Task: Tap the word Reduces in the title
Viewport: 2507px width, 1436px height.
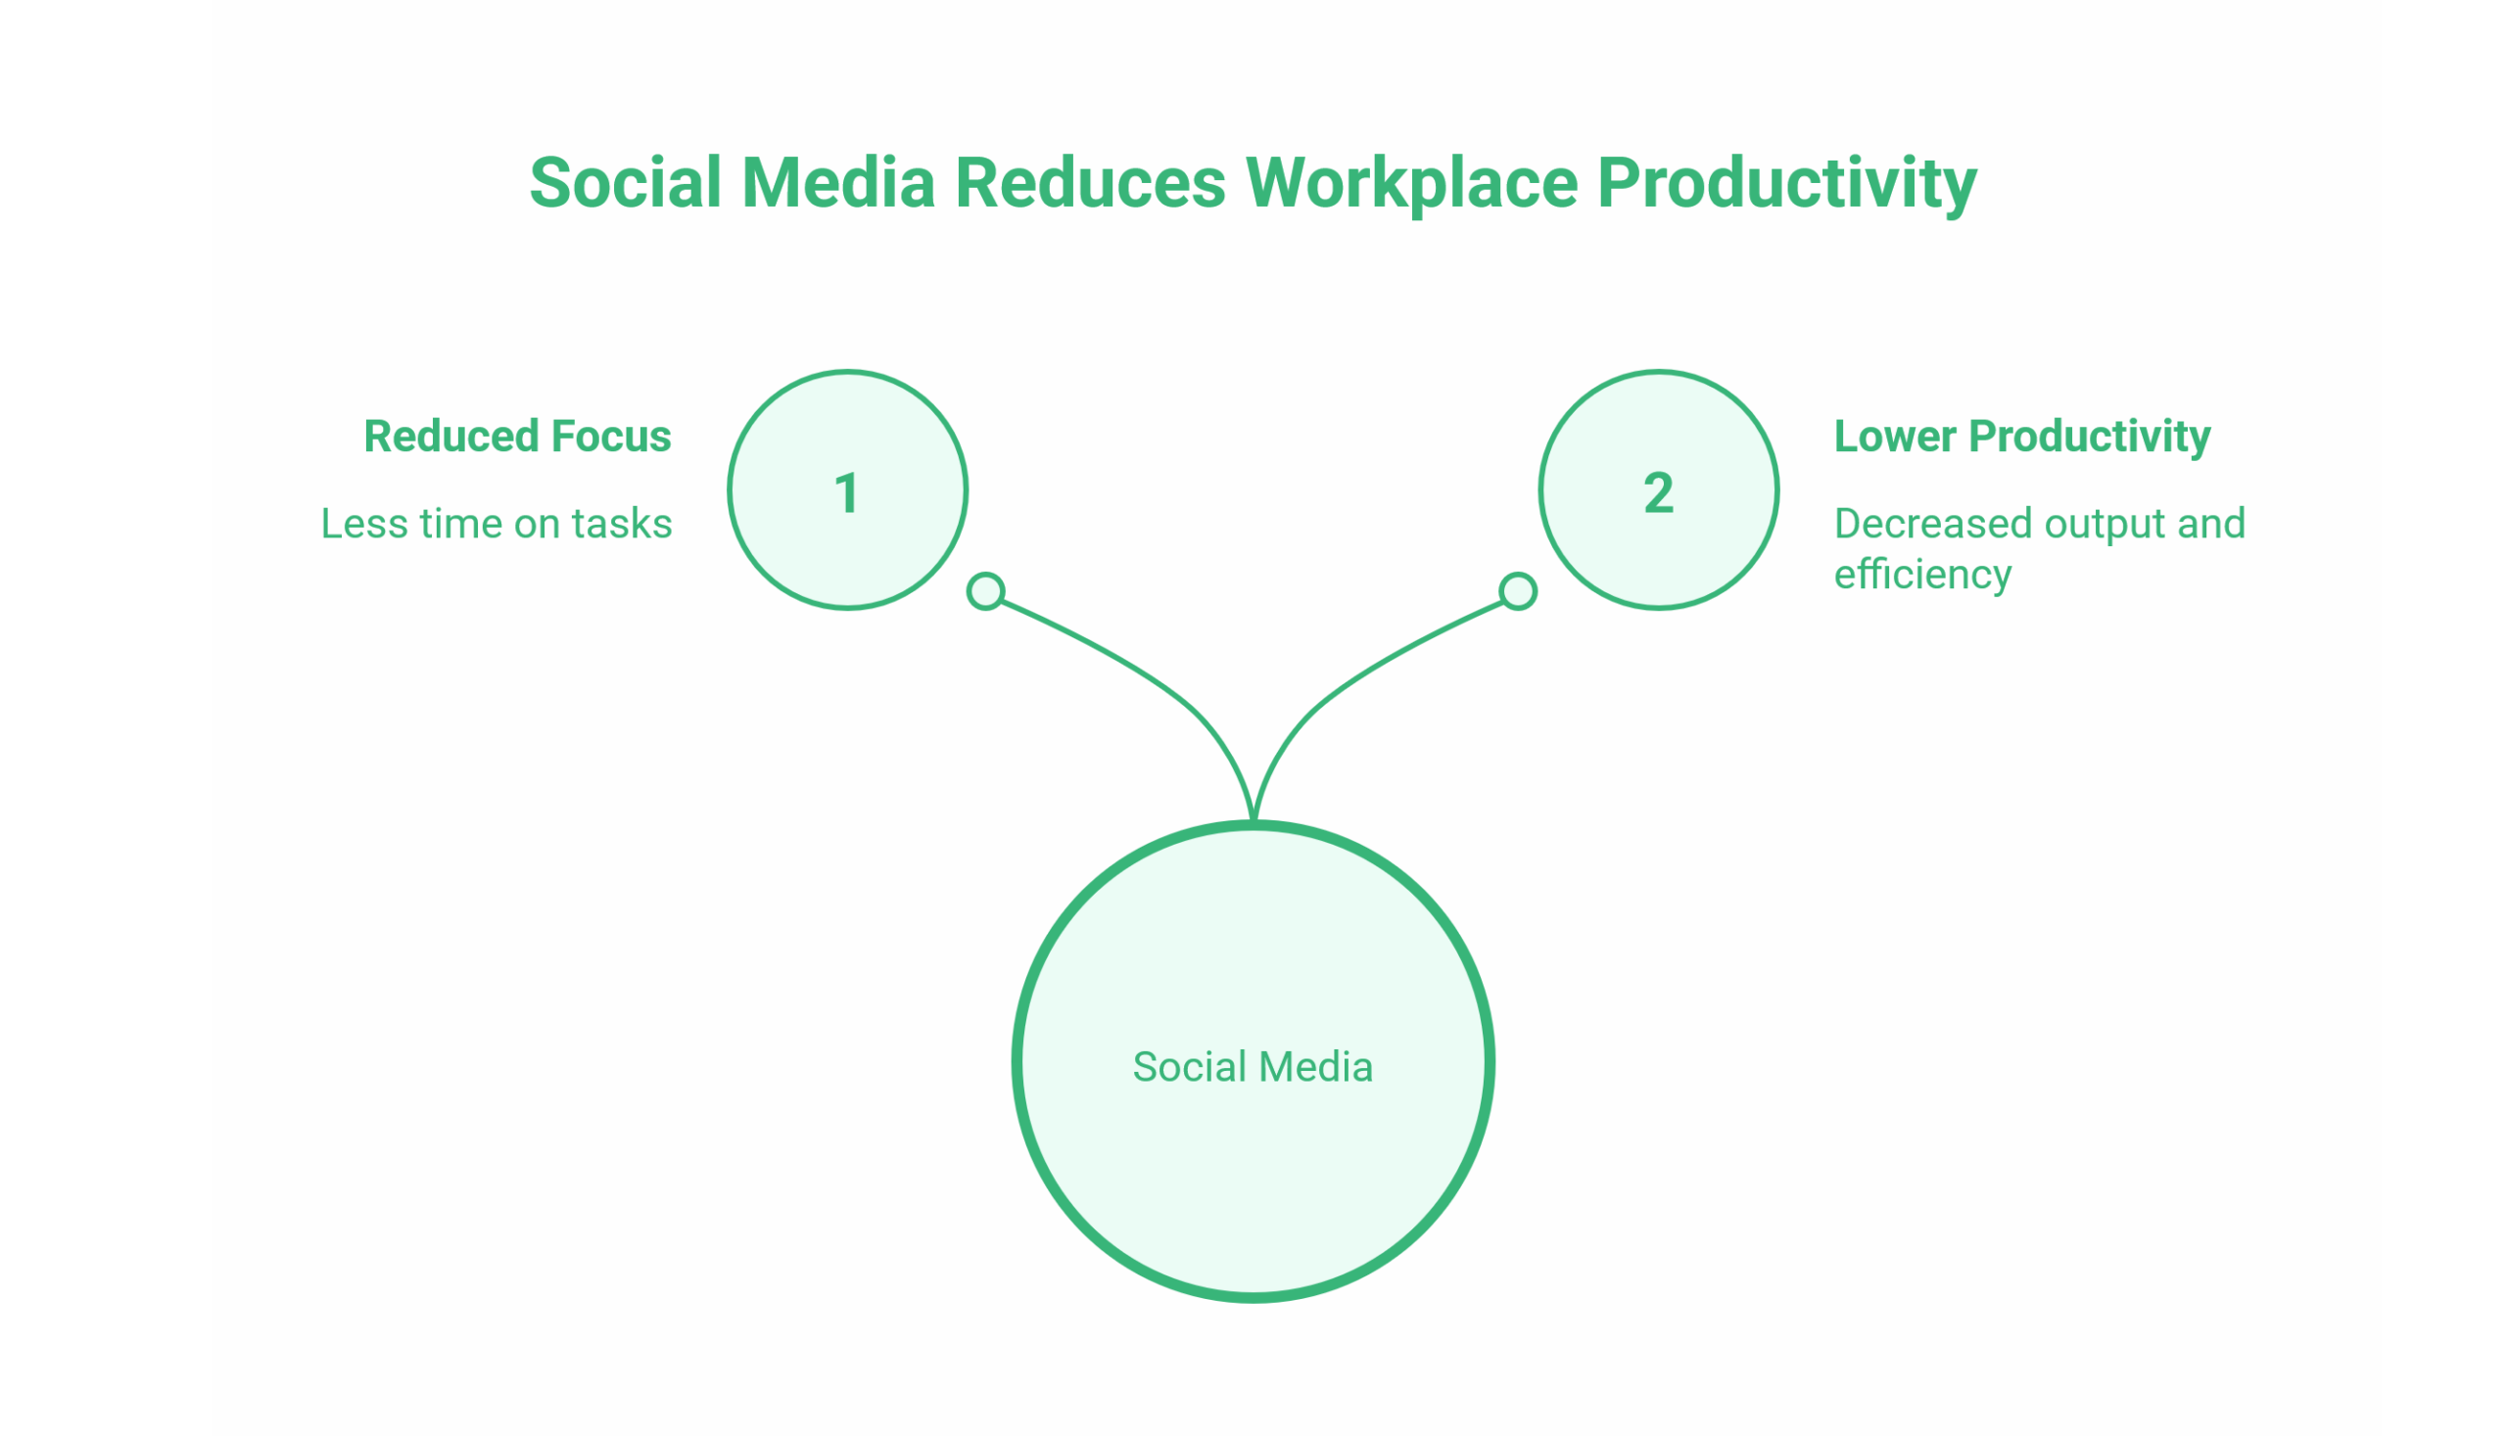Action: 1089,183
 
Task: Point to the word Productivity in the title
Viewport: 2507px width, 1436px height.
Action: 1787,183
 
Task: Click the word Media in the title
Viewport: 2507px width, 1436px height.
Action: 837,183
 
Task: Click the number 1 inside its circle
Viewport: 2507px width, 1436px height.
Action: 846,493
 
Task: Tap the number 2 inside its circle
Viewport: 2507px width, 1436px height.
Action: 1659,493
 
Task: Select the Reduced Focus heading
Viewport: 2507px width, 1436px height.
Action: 517,436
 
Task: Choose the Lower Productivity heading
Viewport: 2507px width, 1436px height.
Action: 2021,436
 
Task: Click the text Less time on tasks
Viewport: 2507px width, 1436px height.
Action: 497,524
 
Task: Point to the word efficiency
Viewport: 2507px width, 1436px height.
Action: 1922,574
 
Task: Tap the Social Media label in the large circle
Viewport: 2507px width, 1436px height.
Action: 1252,1067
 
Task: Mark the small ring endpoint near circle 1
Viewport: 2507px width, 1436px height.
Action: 985,591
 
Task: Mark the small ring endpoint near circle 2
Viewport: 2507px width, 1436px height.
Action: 1518,591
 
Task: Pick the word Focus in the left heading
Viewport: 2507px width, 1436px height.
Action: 611,436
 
